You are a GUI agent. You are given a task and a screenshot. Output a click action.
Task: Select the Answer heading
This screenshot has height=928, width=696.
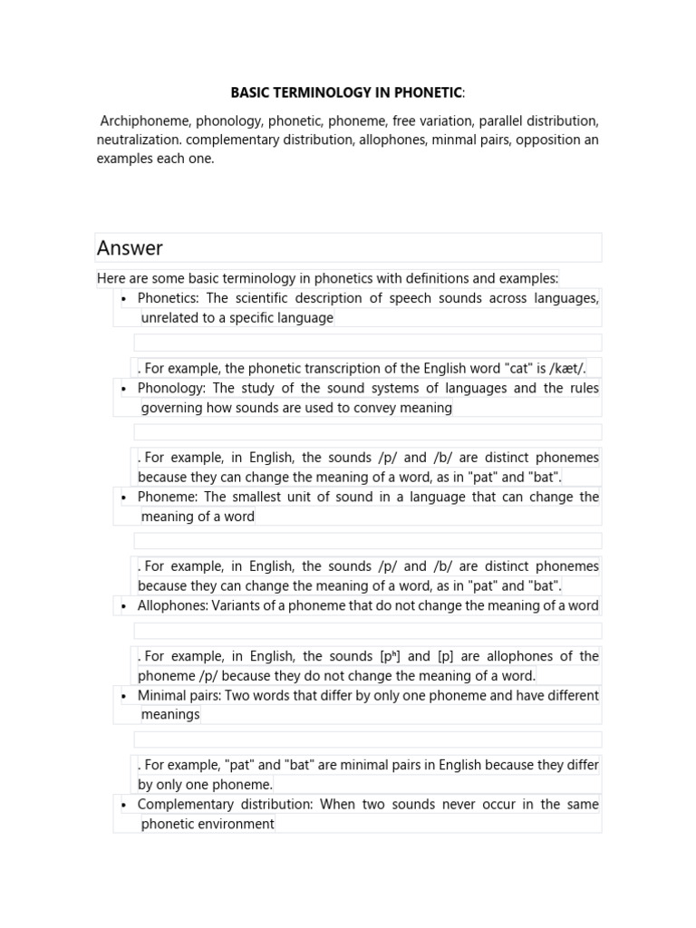click(130, 247)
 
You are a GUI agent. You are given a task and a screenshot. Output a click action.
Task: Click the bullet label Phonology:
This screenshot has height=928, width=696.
click(169, 388)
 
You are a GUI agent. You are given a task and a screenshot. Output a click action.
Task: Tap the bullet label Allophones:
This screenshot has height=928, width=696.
click(172, 605)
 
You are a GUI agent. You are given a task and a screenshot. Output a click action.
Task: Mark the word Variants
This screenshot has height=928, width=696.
click(237, 605)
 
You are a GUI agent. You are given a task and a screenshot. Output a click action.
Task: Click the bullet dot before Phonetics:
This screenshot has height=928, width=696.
click(123, 298)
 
